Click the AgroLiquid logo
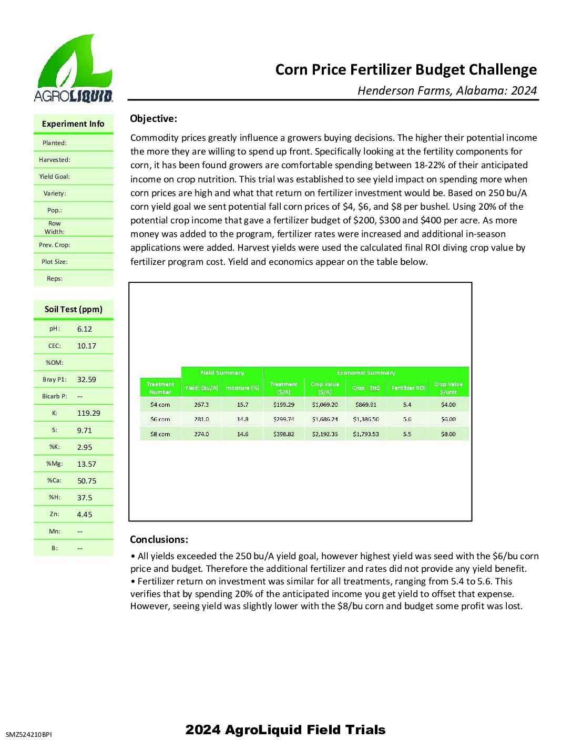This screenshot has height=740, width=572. coord(73,68)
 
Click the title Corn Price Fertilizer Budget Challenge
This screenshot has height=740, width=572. coord(406,70)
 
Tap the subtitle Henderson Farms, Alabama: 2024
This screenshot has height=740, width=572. coord(447,90)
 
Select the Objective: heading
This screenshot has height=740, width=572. coord(154,119)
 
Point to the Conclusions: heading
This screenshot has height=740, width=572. coord(159,539)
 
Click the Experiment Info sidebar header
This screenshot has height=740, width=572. coord(73,124)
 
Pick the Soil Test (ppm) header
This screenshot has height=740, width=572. coord(74,309)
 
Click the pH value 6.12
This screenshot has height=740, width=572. coord(85,329)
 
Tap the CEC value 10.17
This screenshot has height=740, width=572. coord(87,346)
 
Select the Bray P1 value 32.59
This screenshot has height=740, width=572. coord(87,379)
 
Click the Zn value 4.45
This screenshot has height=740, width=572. coord(85,515)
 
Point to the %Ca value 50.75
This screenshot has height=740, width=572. coord(87,481)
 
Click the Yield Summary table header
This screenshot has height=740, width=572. coord(222,373)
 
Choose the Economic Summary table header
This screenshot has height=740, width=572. coord(366,373)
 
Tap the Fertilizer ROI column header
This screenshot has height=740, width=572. coord(408,388)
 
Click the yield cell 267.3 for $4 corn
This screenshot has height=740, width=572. coord(201,405)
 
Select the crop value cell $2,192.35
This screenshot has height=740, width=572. coord(325,434)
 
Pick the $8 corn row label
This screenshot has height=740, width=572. coord(160,434)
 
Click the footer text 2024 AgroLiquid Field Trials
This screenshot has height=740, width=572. coord(285,729)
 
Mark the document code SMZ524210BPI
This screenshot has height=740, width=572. coord(29,734)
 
